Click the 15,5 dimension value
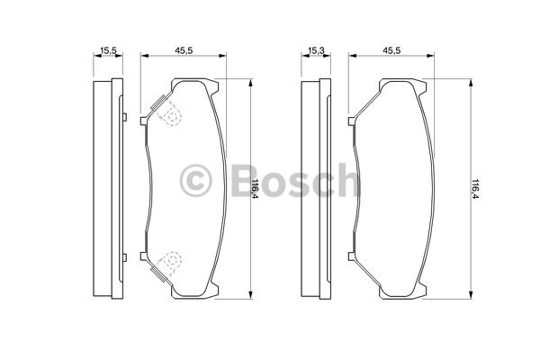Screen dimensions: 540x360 [108, 50]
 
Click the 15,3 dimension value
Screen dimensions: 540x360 [316, 50]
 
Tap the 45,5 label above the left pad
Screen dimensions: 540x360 [184, 50]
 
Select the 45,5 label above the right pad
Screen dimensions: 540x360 [391, 50]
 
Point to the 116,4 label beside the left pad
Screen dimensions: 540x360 [256, 188]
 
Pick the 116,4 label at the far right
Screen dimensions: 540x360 [475, 189]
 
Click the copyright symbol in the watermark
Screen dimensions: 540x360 [195, 181]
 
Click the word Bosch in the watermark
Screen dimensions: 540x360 [296, 181]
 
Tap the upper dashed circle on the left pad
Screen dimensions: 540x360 [171, 116]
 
